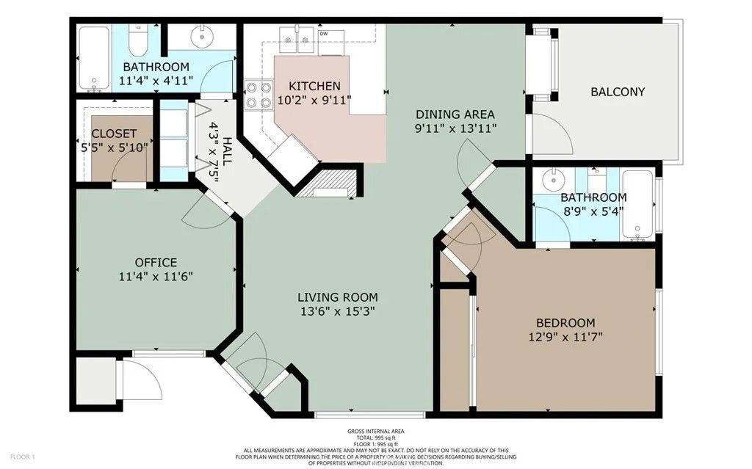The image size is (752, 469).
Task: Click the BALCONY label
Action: click(x=618, y=92)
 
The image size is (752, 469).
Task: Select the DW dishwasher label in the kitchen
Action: click(x=324, y=34)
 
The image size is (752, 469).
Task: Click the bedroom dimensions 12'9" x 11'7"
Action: click(x=565, y=337)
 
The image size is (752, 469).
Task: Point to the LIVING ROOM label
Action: click(x=337, y=297)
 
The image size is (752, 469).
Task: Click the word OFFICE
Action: click(x=156, y=263)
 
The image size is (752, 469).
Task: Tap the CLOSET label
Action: click(x=114, y=134)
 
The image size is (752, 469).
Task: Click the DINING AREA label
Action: click(x=455, y=114)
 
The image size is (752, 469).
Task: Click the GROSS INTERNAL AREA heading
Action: click(x=375, y=432)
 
